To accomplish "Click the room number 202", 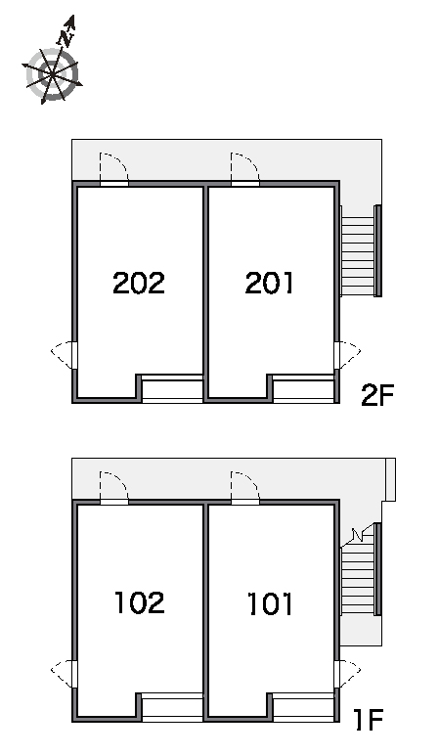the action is click(139, 283).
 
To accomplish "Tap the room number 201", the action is click(269, 283).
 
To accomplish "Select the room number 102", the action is click(140, 602).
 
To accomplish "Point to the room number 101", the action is click(270, 603).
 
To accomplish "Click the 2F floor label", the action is click(377, 395).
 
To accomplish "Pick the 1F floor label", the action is click(369, 720).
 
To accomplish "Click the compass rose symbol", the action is click(52, 74).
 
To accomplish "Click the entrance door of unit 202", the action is click(114, 169).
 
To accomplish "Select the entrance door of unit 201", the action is click(245, 169).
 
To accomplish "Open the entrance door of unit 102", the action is click(114, 488).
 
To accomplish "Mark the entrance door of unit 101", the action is click(245, 488).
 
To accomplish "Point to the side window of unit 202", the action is click(64, 355).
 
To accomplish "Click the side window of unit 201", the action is click(347, 355).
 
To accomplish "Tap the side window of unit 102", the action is click(64, 674).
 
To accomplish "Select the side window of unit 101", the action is click(347, 674).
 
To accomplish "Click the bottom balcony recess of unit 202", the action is click(172, 388).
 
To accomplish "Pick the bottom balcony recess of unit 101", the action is click(303, 707).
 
